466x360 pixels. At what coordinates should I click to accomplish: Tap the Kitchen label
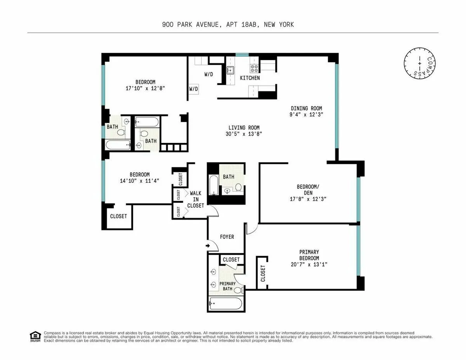[250, 78]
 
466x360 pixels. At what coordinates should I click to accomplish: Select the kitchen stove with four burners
[255, 68]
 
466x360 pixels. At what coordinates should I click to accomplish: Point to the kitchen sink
[230, 70]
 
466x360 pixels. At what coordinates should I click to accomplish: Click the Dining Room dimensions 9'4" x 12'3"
[307, 115]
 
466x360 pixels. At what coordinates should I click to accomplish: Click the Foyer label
[227, 237]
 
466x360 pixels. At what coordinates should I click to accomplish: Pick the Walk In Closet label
[195, 199]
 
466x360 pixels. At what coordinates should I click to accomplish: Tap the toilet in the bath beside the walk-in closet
[238, 188]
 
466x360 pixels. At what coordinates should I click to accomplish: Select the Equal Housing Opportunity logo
[35, 336]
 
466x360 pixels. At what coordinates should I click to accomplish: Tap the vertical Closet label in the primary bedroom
[263, 273]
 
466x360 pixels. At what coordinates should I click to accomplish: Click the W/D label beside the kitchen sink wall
[209, 74]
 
